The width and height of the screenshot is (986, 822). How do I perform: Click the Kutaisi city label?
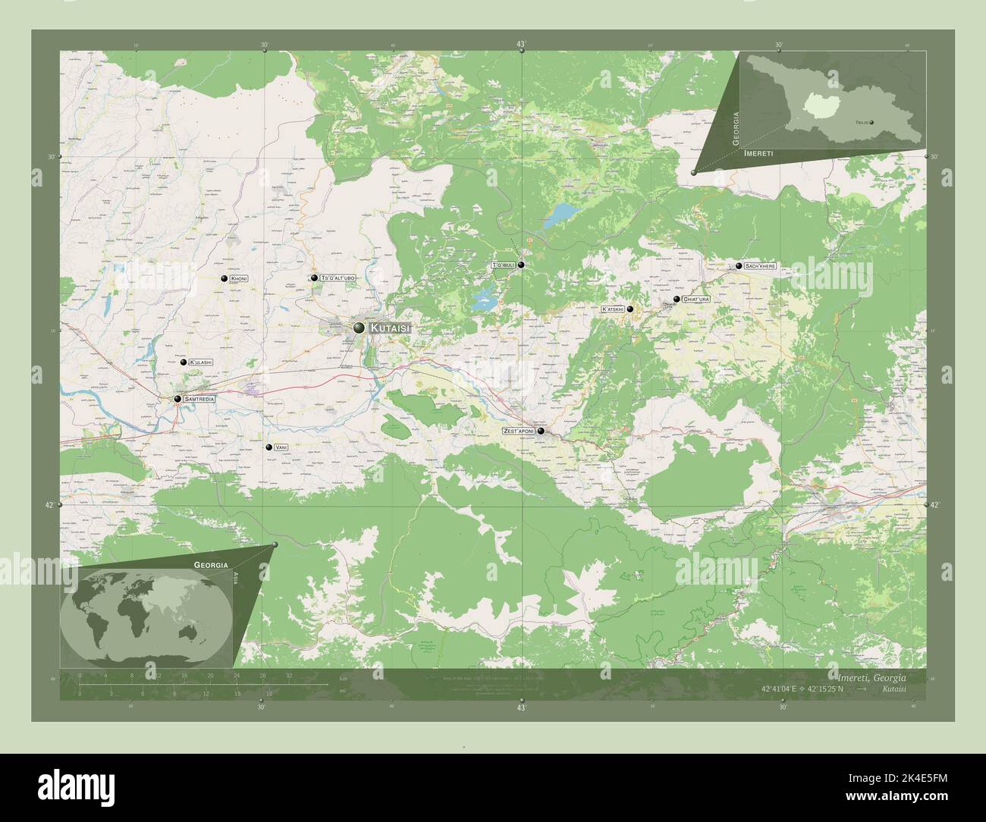pos(391,328)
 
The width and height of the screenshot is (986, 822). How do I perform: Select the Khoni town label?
pos(240,279)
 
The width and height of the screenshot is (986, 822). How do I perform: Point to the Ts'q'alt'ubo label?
pos(338,278)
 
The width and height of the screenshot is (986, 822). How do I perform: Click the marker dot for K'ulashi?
pos(184,362)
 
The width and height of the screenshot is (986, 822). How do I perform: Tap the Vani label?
pos(281,447)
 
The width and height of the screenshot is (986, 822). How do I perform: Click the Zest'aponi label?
pos(519,431)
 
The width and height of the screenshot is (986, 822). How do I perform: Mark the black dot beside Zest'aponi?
pos(542,431)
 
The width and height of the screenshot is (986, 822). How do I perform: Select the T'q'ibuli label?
pos(504,265)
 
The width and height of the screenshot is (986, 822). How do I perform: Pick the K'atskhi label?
pos(612,309)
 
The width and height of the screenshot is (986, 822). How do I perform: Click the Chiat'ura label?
pos(696,300)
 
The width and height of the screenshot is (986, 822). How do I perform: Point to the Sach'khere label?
pos(760,267)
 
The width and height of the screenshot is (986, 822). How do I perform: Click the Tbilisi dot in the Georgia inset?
pos(871,122)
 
